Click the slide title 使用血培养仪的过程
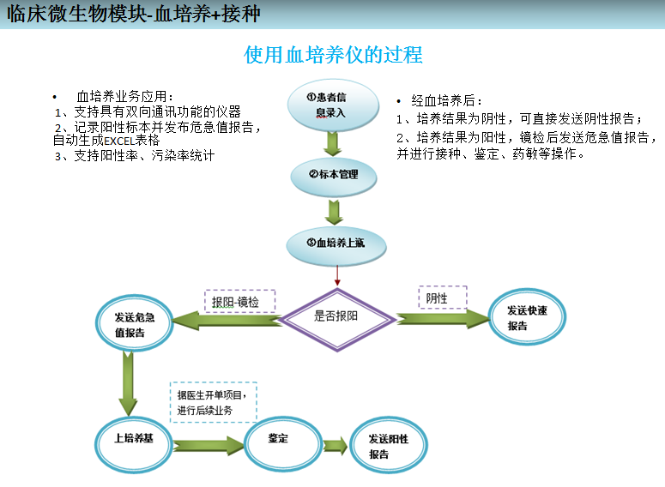point(333,56)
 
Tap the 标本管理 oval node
point(334,174)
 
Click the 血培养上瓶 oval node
point(336,243)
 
